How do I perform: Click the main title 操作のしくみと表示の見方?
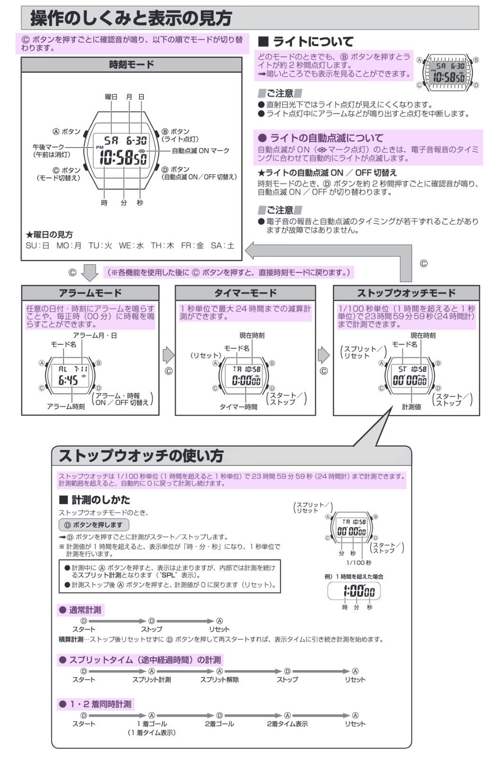(131, 18)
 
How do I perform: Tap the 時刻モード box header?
(131, 64)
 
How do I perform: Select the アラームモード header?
(90, 293)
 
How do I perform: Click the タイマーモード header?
(245, 293)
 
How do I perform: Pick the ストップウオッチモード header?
(407, 293)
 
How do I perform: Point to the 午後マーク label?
(48, 147)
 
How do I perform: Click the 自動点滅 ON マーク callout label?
(200, 151)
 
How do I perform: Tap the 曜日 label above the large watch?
(111, 97)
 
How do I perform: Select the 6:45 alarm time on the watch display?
(68, 380)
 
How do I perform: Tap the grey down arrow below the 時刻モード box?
(90, 273)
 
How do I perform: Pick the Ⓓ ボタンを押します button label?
(94, 525)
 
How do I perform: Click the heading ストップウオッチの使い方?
(141, 455)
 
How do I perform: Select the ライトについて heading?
(313, 42)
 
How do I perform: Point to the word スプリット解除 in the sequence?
(219, 679)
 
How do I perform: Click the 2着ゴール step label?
(219, 724)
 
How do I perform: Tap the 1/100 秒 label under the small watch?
(358, 563)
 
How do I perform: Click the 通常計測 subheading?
(85, 610)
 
